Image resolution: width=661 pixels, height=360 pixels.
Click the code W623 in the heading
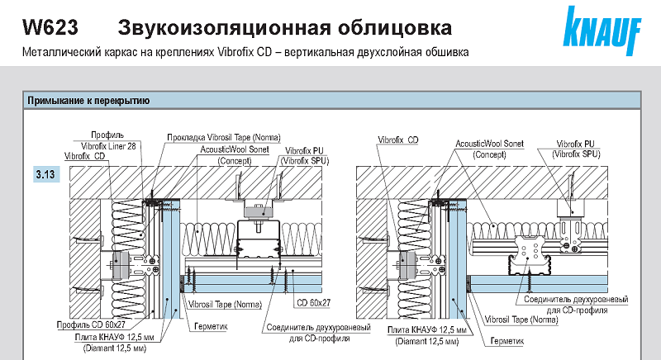click(50, 28)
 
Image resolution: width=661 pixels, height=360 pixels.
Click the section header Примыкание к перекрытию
click(88, 102)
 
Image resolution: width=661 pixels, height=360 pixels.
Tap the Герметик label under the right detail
click(506, 339)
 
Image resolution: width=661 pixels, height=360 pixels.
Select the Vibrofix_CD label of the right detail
click(398, 141)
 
